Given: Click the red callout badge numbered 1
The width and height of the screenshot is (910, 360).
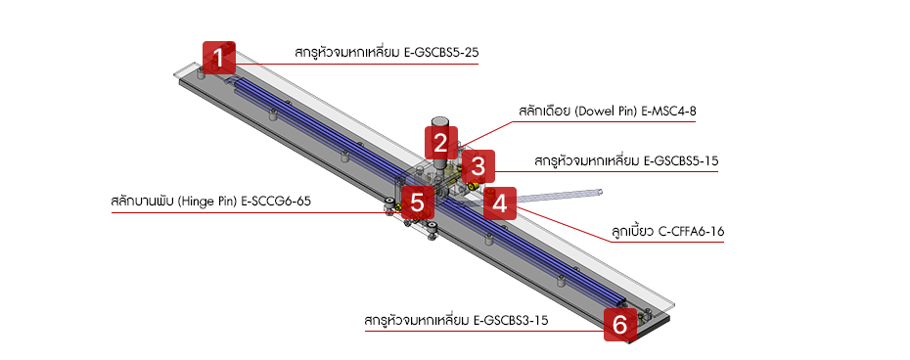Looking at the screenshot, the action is tap(220, 58).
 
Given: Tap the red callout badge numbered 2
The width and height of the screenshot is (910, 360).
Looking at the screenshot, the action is tap(441, 144).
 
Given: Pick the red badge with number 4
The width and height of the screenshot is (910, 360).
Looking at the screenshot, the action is tap(500, 203).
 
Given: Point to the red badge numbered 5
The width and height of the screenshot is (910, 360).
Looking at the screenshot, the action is tap(417, 203).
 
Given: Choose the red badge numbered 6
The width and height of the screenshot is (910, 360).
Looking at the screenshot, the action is tap(618, 324).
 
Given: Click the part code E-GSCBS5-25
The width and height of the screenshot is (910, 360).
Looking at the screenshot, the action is tap(441, 52).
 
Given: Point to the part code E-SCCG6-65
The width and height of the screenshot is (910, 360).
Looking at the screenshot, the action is tap(278, 202).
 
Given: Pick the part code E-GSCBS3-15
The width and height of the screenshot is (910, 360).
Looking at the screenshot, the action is tap(510, 320).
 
